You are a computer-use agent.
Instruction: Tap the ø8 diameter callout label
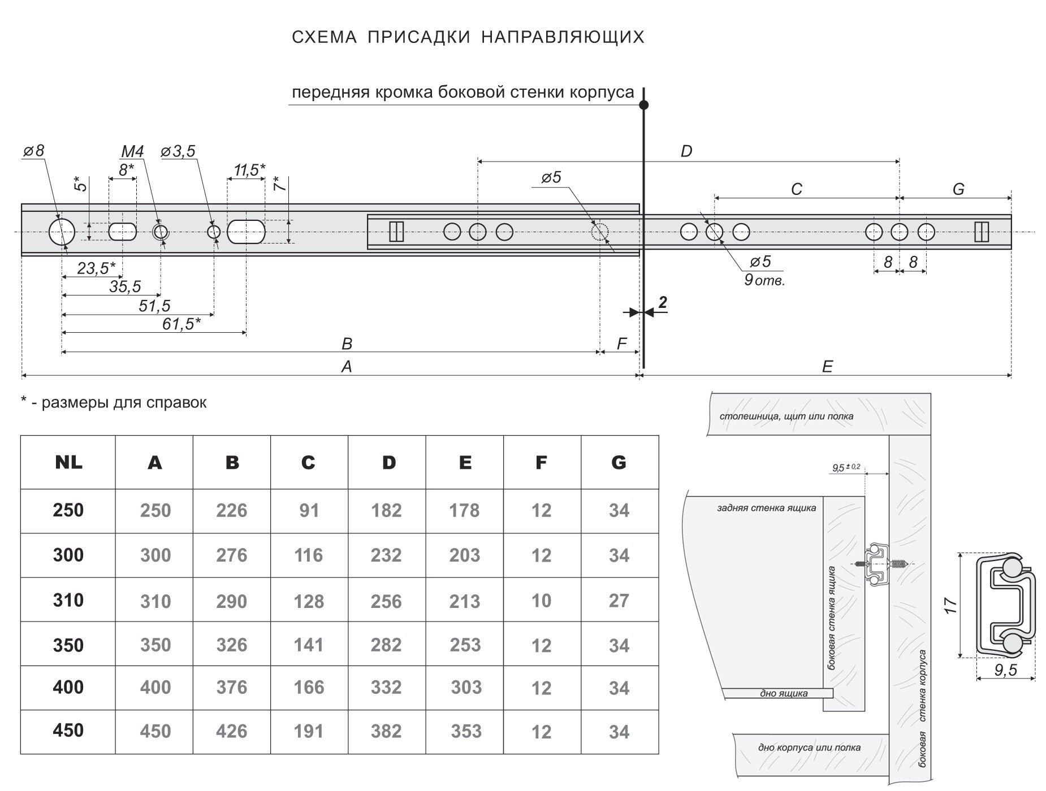33,151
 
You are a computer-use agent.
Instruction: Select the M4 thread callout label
132,151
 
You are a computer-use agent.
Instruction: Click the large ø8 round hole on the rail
61,232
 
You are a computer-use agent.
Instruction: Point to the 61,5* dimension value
179,324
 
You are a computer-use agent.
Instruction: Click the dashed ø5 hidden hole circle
599,232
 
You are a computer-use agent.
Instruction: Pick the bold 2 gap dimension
663,303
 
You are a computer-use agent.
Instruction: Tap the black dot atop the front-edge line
643,105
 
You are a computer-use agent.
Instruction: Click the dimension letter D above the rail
686,151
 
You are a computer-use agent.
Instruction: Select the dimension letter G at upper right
958,189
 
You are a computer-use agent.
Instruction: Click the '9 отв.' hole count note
764,280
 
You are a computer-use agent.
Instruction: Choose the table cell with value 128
309,601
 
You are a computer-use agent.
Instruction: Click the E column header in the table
465,463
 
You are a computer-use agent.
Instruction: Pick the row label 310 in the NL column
68,600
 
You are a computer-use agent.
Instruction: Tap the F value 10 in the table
541,601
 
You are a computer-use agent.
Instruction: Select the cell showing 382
386,731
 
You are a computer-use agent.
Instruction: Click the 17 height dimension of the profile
951,605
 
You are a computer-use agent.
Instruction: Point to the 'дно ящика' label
785,693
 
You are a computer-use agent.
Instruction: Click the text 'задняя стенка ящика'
766,508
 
